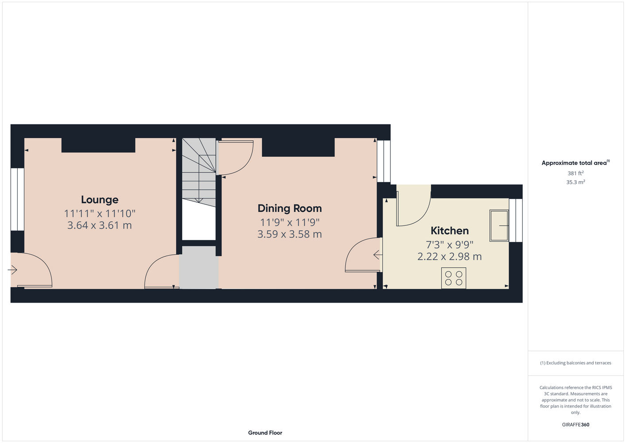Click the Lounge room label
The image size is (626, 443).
pyautogui.click(x=100, y=200)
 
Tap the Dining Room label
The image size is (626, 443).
pyautogui.click(x=290, y=209)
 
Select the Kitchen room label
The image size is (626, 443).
pyautogui.click(x=449, y=231)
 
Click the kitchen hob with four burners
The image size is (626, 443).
pyautogui.click(x=454, y=278)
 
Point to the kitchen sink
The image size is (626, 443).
pyautogui.click(x=499, y=225)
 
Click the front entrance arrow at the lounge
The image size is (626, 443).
pyautogui.click(x=12, y=270)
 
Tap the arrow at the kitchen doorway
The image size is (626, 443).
pyautogui.click(x=378, y=255)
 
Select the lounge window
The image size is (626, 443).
pyautogui.click(x=17, y=199)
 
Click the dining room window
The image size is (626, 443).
pyautogui.click(x=384, y=161)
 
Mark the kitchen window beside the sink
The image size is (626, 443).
pyautogui.click(x=516, y=220)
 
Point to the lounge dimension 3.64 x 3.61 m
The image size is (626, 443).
pyautogui.click(x=100, y=225)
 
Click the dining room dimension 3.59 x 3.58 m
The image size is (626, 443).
pyautogui.click(x=290, y=234)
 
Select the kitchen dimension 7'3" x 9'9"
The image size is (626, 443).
pyautogui.click(x=449, y=245)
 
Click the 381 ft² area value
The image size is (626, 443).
pyautogui.click(x=575, y=173)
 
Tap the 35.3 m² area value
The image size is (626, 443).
pyautogui.click(x=575, y=182)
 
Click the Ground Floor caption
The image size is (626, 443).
pyautogui.click(x=265, y=433)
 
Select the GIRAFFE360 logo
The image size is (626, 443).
pyautogui.click(x=575, y=424)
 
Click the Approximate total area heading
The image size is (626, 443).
pyautogui.click(x=575, y=163)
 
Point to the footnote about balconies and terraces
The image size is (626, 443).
pyautogui.click(x=575, y=363)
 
